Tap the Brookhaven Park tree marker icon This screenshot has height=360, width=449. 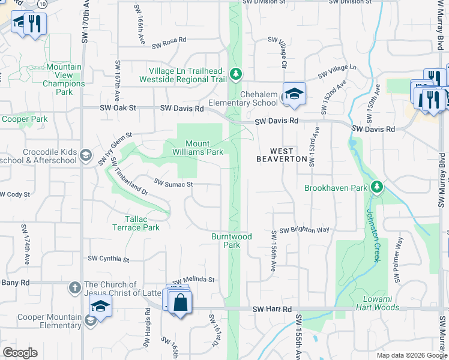coord(376,187)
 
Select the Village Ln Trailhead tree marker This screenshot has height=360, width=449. coord(237,74)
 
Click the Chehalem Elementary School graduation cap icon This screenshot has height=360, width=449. coord(294,94)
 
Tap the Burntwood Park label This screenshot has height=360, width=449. coord(231,241)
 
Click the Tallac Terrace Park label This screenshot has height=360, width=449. coord(136,223)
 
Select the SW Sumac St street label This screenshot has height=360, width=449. coord(173,182)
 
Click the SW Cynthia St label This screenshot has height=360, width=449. coord(109,259)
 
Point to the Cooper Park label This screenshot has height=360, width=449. coord(25,119)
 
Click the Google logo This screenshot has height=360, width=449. coord(20,353)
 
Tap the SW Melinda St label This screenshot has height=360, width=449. coord(193,280)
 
